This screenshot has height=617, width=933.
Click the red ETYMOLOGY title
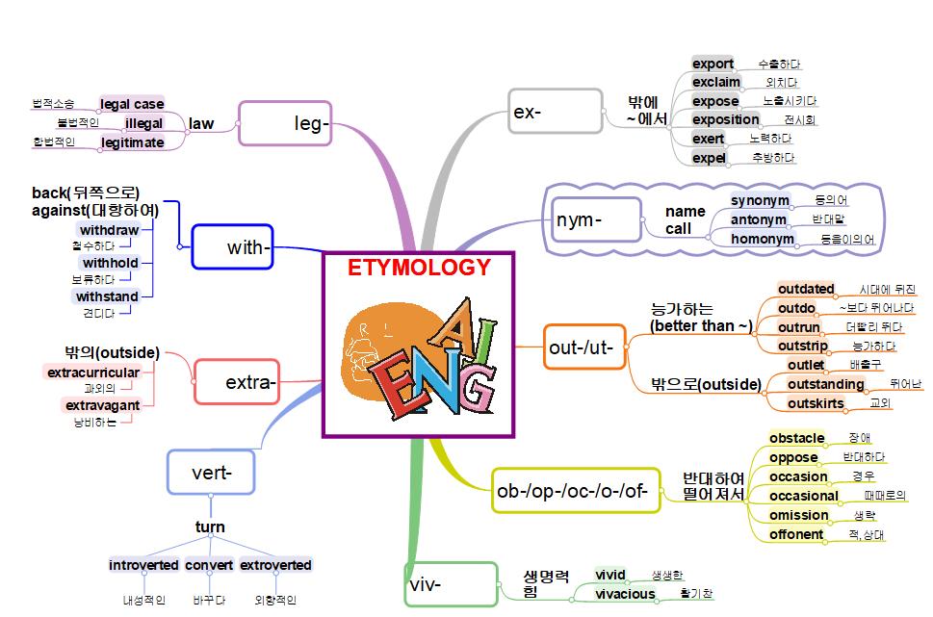[x=419, y=268]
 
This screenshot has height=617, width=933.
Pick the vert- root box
[x=212, y=472]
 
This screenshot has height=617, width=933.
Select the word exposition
[x=726, y=119]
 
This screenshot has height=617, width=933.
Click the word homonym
[x=763, y=239]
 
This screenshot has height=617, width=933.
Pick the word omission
[x=798, y=515]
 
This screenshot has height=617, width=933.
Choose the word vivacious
[x=625, y=594]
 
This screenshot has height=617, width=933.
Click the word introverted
[x=143, y=565]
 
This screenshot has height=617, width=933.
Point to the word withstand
[x=107, y=296]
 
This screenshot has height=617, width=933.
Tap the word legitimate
[x=133, y=142]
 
